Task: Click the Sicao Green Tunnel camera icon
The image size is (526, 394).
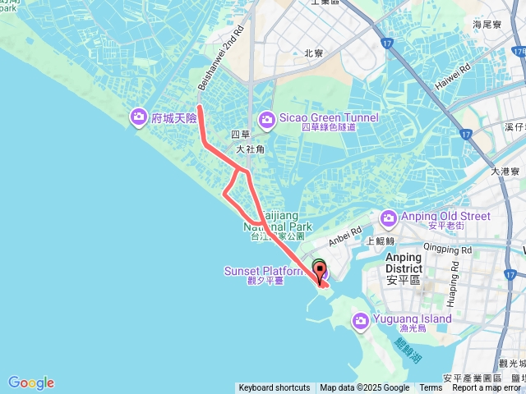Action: coord(267,120)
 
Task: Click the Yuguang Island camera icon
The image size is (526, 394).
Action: coord(361,319)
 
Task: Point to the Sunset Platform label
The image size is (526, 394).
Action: coord(263,271)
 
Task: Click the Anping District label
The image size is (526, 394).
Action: coord(404,263)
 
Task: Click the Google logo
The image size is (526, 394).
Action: coord(31,383)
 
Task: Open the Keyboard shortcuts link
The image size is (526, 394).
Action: coord(275,388)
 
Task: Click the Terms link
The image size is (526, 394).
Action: coord(431,388)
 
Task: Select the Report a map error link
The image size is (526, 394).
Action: coord(486,388)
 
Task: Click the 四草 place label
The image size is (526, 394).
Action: coord(240,135)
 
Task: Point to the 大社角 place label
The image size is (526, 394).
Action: coord(250,149)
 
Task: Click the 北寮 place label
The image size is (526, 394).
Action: coord(313,53)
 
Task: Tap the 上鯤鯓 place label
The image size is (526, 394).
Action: coord(381,241)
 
